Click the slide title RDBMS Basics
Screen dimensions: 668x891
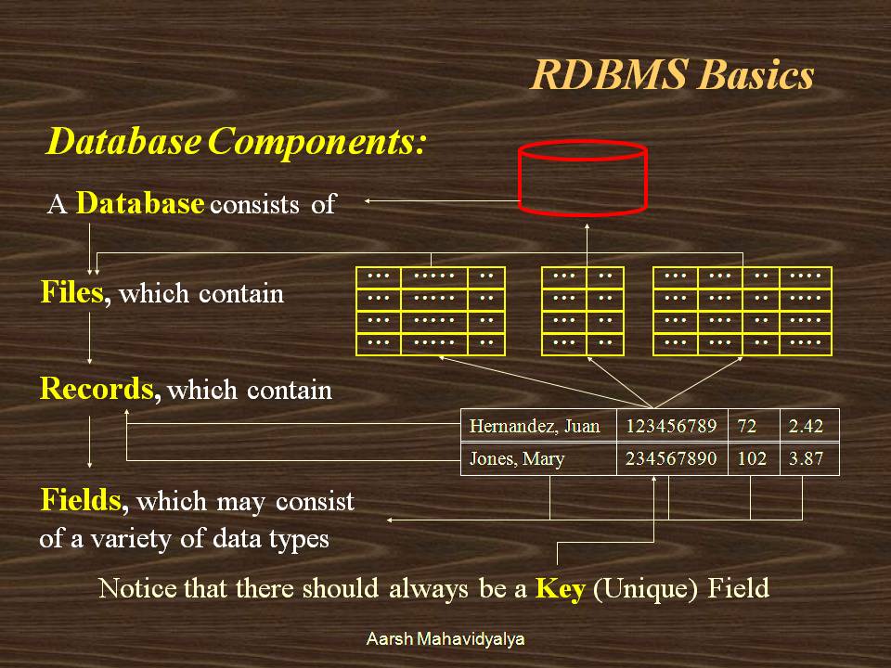(x=672, y=75)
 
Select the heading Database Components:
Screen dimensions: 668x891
(x=236, y=142)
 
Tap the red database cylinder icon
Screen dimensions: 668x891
(x=583, y=176)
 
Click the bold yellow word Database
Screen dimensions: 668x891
(x=139, y=203)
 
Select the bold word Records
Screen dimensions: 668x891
(x=97, y=388)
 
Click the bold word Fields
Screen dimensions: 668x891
(x=84, y=501)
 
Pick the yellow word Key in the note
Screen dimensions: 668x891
(x=560, y=588)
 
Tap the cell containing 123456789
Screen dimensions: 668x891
(x=671, y=427)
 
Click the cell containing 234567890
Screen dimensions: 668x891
(x=671, y=459)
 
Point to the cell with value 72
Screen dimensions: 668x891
(x=747, y=427)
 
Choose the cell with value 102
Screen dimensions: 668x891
(x=752, y=459)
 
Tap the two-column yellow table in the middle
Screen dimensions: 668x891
(x=582, y=311)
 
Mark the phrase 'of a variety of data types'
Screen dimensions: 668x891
(x=184, y=539)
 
